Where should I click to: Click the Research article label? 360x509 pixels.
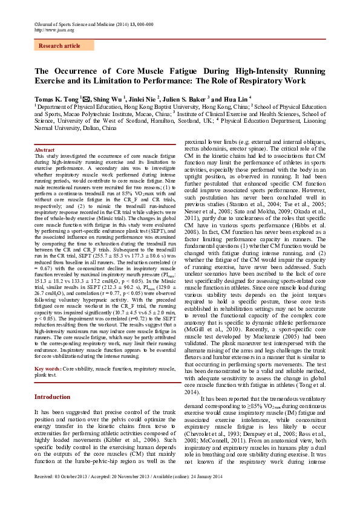click(x=59, y=46)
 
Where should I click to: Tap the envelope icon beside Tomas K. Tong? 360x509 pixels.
click(x=86, y=97)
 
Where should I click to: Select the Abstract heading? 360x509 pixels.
click(x=45, y=149)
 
